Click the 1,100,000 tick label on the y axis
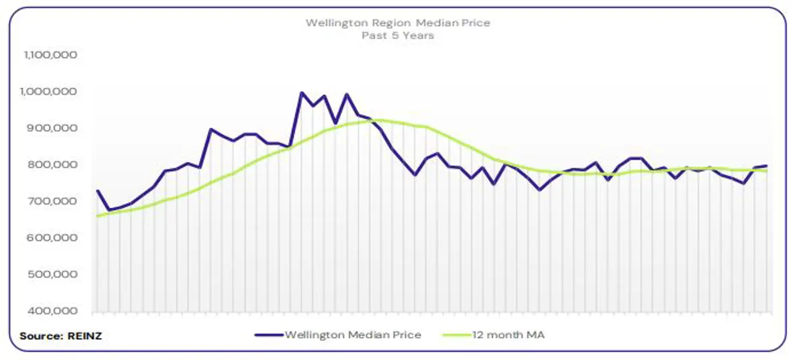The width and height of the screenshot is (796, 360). (x=50, y=55)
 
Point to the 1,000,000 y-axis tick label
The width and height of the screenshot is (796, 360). (x=50, y=91)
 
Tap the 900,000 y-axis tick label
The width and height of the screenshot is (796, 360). (x=52, y=128)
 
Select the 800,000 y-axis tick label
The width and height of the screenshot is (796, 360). (x=52, y=164)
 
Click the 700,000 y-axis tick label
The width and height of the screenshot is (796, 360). (x=52, y=201)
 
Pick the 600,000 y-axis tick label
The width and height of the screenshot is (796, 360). (x=52, y=238)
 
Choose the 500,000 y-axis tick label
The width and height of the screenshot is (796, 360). (x=52, y=274)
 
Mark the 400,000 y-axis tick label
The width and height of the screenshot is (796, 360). (x=52, y=311)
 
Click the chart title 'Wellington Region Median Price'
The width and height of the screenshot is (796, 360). (x=397, y=23)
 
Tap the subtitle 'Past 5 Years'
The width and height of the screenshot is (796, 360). (x=397, y=35)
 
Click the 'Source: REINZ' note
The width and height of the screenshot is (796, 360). (x=61, y=336)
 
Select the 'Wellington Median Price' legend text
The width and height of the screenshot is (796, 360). (x=352, y=335)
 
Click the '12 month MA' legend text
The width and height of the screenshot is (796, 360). (x=508, y=335)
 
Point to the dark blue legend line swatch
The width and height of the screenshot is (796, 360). (x=268, y=335)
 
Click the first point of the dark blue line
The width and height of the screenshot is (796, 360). (x=97, y=191)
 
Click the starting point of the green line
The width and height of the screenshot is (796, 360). (x=97, y=215)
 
